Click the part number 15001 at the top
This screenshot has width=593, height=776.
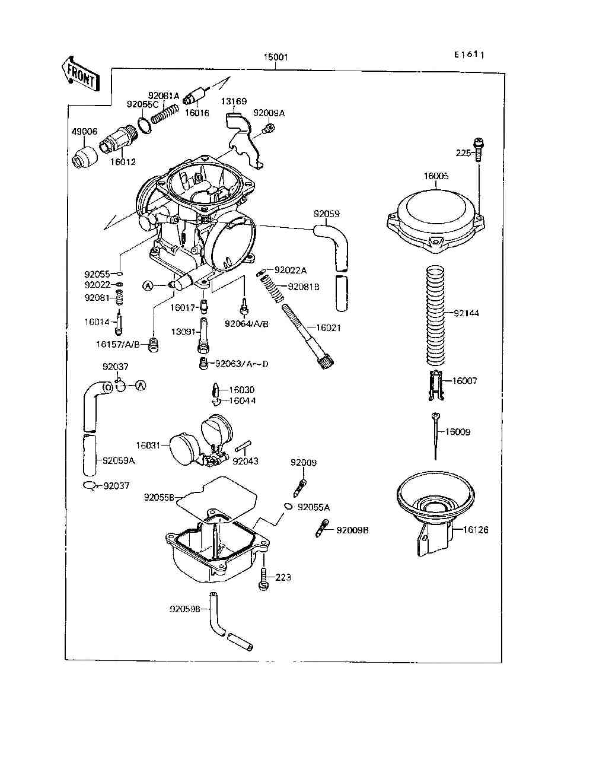click(276, 58)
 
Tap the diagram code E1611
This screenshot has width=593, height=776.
click(469, 55)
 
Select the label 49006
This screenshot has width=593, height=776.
click(85, 132)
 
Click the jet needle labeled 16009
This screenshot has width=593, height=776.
click(436, 436)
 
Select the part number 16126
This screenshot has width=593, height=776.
click(476, 530)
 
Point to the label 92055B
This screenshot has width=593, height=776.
click(159, 497)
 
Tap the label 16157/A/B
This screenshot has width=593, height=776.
click(118, 344)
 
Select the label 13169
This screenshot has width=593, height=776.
click(234, 101)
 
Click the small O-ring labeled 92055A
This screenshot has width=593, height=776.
click(288, 506)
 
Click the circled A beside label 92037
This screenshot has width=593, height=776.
click(141, 386)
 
